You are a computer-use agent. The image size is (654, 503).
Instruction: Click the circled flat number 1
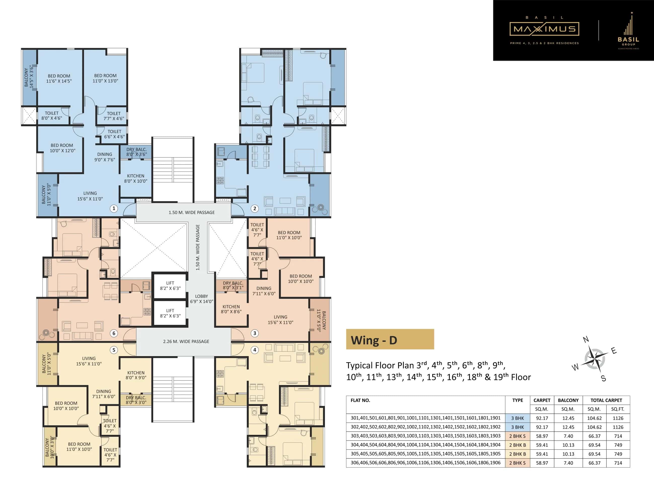114,208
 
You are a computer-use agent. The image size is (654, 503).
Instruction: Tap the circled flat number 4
255,350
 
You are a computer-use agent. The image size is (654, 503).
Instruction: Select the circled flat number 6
114,333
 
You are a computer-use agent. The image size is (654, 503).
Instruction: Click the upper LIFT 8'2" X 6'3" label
170,286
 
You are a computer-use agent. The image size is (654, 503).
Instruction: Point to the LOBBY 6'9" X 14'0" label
201,299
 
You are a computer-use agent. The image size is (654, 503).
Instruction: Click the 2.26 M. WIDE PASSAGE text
186,341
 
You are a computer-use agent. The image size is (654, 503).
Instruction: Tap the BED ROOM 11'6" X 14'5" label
59,78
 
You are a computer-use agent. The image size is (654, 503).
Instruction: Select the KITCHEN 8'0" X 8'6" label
231,309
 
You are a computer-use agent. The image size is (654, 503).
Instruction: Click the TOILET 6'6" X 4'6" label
114,134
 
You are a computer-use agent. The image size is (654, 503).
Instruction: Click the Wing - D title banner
390,339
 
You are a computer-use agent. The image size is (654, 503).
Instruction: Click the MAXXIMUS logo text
544,29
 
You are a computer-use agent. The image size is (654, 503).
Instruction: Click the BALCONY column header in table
568,400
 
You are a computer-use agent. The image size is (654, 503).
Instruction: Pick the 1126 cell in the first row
618,418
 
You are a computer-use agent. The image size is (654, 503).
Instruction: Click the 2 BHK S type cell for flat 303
517,436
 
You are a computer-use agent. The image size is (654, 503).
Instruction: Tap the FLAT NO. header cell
360,400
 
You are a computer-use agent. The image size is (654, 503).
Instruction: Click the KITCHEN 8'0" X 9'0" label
136,375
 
